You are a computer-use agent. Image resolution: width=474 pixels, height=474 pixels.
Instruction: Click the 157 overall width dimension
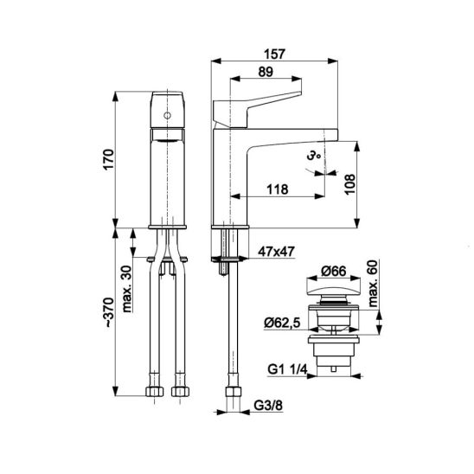coord(274,54)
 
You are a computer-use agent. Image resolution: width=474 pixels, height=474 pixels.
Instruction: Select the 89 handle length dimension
coord(266,72)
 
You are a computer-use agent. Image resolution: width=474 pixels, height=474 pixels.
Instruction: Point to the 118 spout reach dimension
coord(277,189)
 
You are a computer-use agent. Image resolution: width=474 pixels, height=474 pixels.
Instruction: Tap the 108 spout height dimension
coord(349,184)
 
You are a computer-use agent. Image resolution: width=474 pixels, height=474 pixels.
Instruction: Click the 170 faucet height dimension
coord(109,159)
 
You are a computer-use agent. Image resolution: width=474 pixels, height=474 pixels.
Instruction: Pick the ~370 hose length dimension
coord(109,312)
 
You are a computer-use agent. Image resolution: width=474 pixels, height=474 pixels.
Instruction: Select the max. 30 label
coord(127,289)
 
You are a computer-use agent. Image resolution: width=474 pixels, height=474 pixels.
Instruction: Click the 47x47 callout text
coord(276,252)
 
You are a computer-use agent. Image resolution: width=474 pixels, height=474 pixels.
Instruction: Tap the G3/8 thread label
coord(268,406)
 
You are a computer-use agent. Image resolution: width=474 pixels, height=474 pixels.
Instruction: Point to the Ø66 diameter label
coord(333,271)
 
